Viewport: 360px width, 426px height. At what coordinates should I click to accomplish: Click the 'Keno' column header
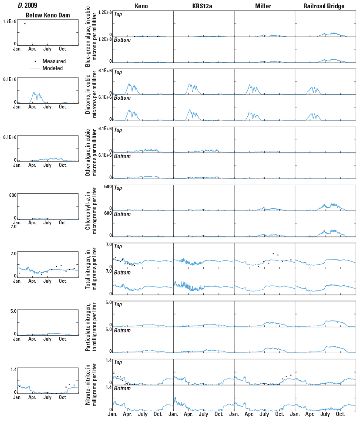[142, 6]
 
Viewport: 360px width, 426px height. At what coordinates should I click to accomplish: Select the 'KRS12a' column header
[203, 6]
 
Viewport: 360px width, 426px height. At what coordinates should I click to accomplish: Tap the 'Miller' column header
[264, 6]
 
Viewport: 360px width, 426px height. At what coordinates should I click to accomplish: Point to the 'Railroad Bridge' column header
[325, 6]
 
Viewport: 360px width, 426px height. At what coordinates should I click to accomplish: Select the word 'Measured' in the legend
[54, 61]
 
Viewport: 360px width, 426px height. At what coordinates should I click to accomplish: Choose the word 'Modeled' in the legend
[53, 68]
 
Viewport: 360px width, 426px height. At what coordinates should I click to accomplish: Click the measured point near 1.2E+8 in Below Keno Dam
[25, 24]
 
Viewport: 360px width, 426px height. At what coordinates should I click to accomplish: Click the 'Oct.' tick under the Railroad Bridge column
[340, 414]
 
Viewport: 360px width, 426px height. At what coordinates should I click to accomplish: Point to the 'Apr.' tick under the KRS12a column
[188, 414]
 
